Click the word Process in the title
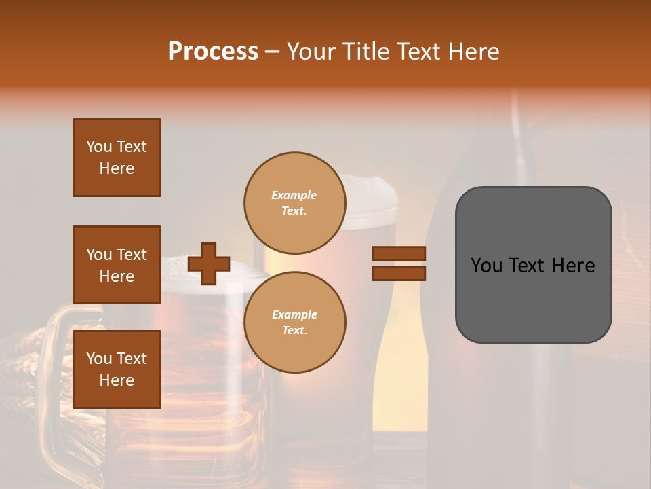[x=213, y=52]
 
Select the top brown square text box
[x=117, y=158]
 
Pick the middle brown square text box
[x=117, y=265]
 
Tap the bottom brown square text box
[x=117, y=369]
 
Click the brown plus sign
[x=209, y=264]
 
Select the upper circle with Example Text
[x=294, y=203]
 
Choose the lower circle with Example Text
[x=294, y=323]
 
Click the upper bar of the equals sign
[x=399, y=253]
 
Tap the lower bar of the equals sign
[x=399, y=273]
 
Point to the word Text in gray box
[x=531, y=266]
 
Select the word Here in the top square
[x=117, y=168]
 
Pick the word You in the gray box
[x=486, y=266]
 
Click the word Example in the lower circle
[x=294, y=314]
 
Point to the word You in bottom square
[x=99, y=359]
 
